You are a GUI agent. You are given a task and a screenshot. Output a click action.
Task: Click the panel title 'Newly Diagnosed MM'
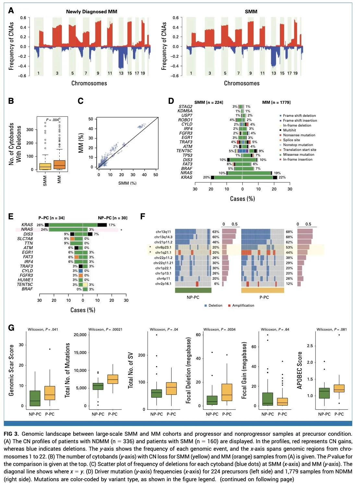(91, 12)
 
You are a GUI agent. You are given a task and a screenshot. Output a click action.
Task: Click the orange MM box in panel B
(59, 165)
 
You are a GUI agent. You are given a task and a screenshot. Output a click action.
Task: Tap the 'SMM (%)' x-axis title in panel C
(127, 183)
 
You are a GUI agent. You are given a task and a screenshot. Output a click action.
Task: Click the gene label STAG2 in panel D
(185, 107)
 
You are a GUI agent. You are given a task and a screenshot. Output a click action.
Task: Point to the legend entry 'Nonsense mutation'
(299, 135)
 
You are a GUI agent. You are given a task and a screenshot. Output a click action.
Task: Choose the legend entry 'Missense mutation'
(298, 155)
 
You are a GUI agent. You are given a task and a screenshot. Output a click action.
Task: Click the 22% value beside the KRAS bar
(282, 177)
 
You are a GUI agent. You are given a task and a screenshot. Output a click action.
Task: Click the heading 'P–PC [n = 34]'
(51, 218)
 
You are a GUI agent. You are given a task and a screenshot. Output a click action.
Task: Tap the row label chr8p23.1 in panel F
(163, 248)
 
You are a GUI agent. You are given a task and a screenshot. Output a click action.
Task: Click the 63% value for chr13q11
(216, 232)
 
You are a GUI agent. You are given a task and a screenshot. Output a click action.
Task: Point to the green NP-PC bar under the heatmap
(193, 290)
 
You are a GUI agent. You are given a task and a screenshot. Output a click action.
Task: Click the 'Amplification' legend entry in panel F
(243, 306)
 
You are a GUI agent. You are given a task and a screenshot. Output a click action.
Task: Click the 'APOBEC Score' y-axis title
(300, 370)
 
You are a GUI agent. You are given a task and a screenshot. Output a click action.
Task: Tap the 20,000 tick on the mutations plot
(80, 335)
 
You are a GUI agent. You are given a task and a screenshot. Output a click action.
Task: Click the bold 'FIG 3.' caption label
(11, 434)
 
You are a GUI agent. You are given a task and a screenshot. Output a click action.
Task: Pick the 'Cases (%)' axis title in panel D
(242, 199)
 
